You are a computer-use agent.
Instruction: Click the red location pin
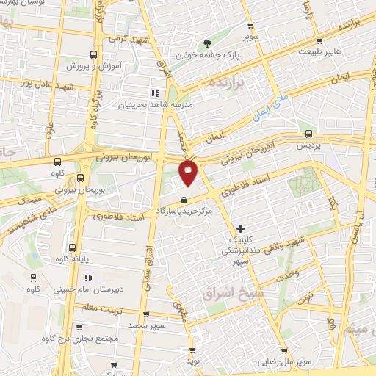pyautogui.click(x=189, y=173)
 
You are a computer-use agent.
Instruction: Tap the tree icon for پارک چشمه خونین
pyautogui.click(x=206, y=42)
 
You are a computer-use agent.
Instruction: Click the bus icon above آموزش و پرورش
pyautogui.click(x=93, y=54)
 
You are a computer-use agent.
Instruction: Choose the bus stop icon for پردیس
pyautogui.click(x=308, y=134)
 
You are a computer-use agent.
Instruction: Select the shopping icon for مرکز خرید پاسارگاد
pyautogui.click(x=183, y=200)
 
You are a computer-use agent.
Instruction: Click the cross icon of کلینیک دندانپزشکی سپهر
pyautogui.click(x=241, y=229)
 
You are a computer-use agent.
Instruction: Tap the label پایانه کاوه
pyautogui.click(x=72, y=258)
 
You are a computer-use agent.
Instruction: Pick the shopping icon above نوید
pyautogui.click(x=192, y=350)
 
